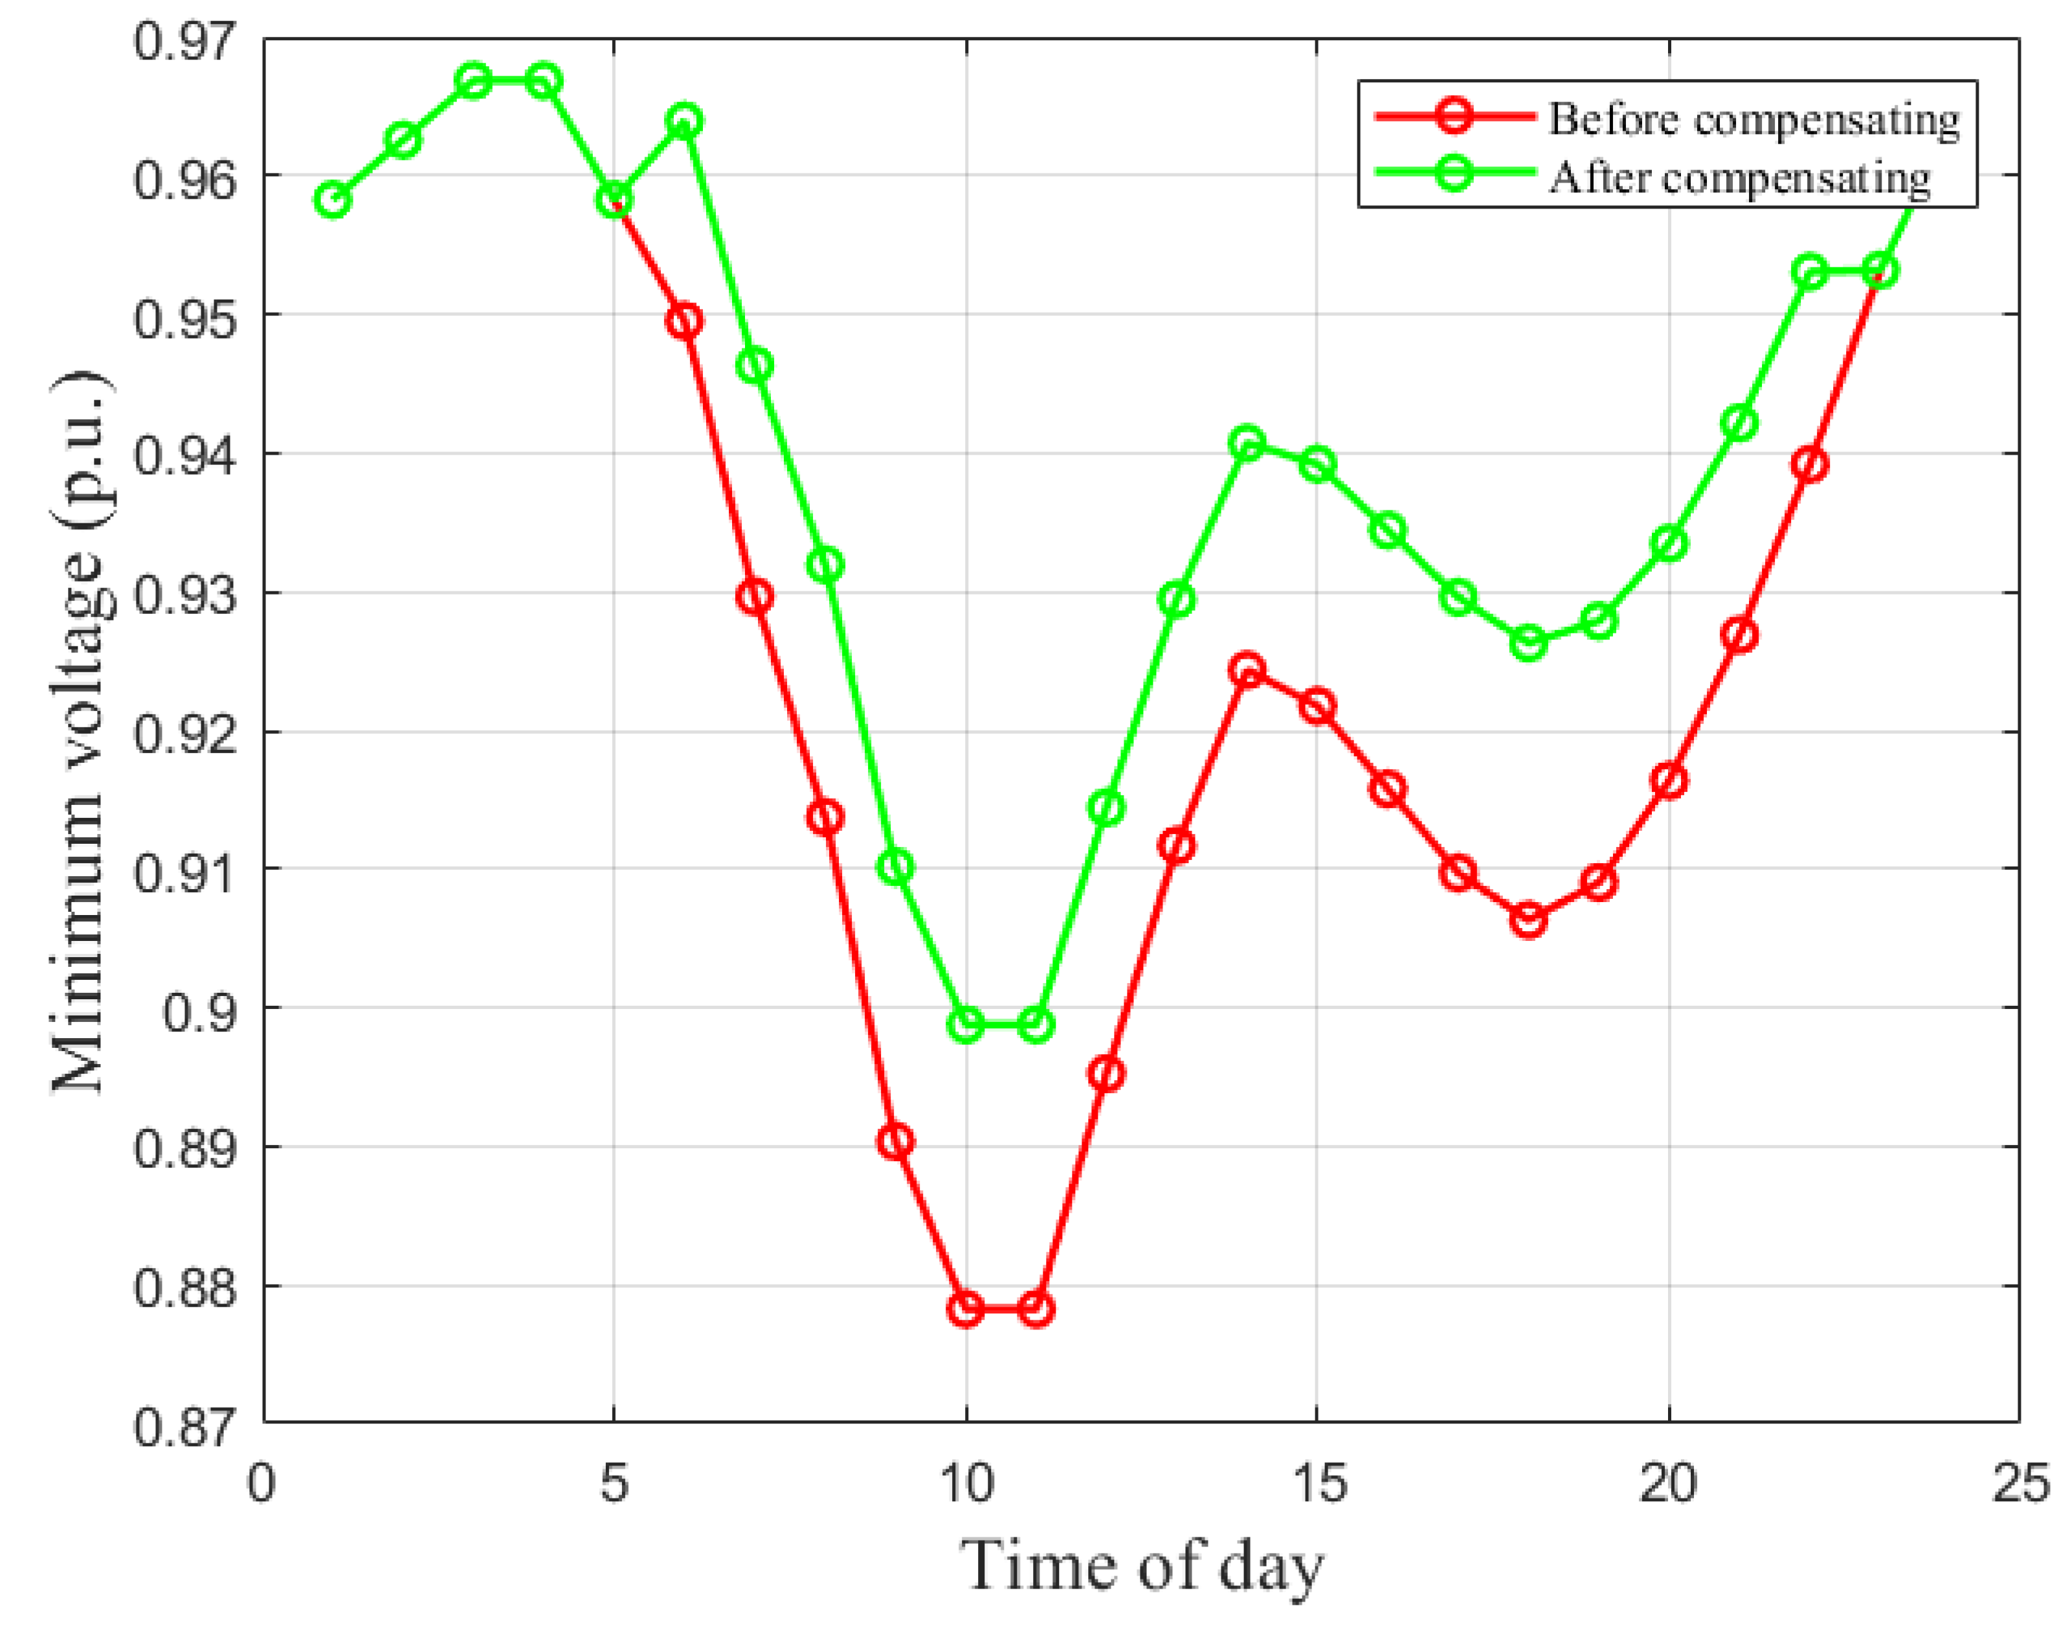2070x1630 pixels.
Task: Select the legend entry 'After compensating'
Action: click(x=1738, y=177)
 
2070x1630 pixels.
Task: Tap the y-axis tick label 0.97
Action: click(x=183, y=42)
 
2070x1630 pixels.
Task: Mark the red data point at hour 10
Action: click(x=966, y=1308)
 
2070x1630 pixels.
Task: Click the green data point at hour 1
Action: click(x=333, y=199)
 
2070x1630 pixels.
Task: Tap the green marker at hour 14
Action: click(x=1247, y=443)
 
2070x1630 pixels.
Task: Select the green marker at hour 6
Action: click(x=685, y=121)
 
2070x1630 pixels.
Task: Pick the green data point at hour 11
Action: click(x=1036, y=1025)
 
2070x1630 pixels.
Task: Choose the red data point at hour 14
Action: click(x=1247, y=669)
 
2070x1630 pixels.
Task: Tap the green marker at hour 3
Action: click(x=473, y=81)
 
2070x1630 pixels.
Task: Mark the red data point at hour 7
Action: click(x=755, y=596)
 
